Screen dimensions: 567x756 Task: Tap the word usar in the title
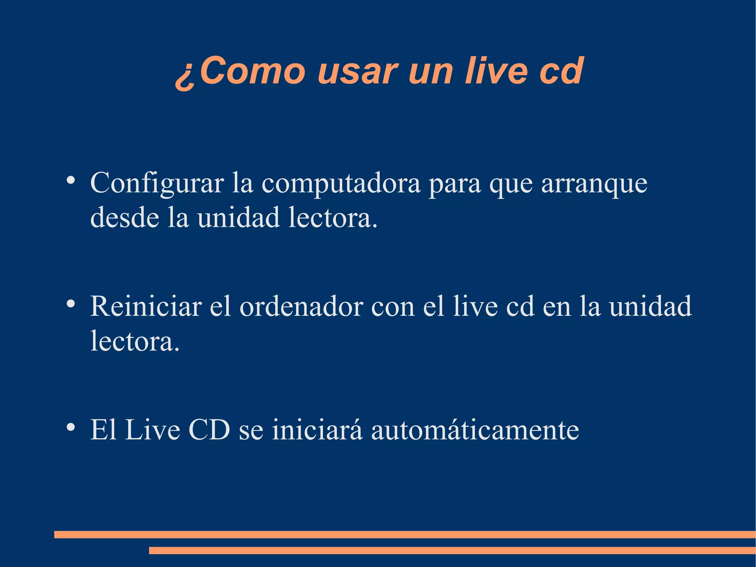(x=357, y=71)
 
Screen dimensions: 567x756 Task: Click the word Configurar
(x=157, y=184)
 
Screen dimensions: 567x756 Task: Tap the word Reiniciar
(x=146, y=306)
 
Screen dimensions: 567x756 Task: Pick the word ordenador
(x=301, y=307)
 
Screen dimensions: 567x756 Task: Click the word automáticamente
(x=475, y=430)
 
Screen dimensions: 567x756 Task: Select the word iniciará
(x=317, y=430)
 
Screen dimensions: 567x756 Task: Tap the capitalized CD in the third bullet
(x=209, y=430)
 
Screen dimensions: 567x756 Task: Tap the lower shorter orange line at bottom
(x=452, y=550)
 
